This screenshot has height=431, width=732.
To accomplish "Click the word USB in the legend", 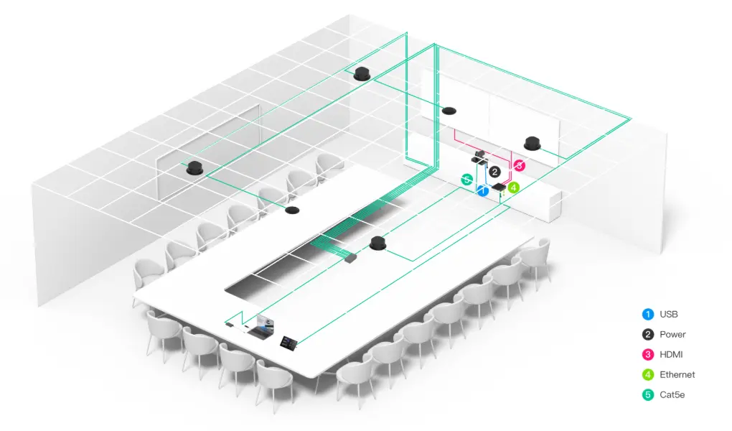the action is tap(669, 315).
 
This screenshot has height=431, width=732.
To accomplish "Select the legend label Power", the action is tap(672, 335).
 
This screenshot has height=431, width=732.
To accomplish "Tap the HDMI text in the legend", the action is tap(671, 355).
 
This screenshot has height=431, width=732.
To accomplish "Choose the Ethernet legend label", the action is tap(677, 375).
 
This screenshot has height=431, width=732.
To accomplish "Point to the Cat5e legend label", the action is tap(672, 395).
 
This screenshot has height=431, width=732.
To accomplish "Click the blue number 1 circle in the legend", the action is tap(648, 315).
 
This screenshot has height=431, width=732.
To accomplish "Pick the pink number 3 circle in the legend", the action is tap(648, 355).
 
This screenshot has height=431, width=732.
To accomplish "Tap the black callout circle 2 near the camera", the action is tap(495, 172).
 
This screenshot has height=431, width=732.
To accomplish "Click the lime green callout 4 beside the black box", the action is tap(514, 187).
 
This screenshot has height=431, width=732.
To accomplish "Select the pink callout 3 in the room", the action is tap(519, 165).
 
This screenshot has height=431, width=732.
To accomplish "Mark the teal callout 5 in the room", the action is tap(467, 180).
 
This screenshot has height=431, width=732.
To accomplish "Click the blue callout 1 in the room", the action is tap(483, 191).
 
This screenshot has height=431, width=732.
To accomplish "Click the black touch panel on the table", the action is tap(288, 342).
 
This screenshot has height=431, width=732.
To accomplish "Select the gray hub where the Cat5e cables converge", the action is tap(351, 258).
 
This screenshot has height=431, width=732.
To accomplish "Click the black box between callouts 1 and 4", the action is tap(499, 188).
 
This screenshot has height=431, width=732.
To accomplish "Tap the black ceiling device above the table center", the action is tap(377, 243).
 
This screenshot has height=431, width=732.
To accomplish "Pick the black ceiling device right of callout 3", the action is tap(532, 143).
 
